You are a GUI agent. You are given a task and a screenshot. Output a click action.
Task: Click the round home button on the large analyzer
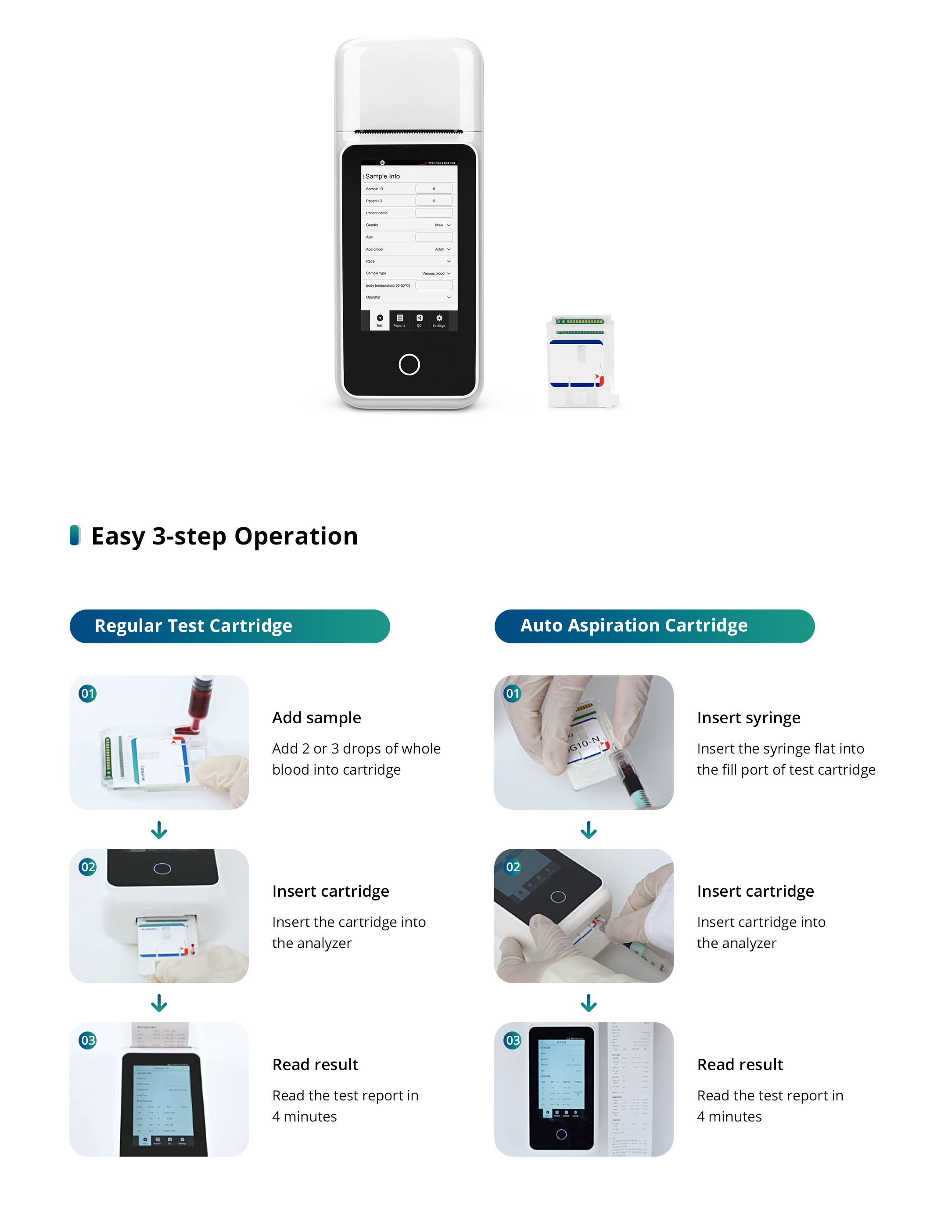pos(409,364)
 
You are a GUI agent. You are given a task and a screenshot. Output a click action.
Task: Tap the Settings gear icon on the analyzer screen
pos(439,319)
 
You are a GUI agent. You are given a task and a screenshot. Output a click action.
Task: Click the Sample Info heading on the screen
pos(382,176)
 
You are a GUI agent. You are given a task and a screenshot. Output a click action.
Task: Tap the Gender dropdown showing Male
pos(442,225)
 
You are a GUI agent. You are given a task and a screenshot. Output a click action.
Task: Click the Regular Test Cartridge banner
pos(230,626)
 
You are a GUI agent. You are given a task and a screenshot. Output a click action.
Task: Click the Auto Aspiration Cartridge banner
pos(654,626)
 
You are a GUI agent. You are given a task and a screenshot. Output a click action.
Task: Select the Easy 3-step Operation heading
pos(224,536)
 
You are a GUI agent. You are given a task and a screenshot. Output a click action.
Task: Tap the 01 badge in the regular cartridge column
pos(88,693)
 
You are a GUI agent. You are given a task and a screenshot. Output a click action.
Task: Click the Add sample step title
pos(316,718)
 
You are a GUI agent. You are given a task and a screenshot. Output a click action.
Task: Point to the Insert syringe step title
pos(748,718)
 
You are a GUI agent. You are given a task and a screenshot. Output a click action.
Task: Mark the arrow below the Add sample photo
pos(159,830)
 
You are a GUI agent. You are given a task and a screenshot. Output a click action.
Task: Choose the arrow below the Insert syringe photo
pos(589,830)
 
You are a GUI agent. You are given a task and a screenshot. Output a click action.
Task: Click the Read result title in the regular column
pos(315,1064)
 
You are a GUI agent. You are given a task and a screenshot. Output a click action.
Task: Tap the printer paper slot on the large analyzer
pos(409,132)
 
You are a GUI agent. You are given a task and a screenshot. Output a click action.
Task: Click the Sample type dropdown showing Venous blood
pos(436,273)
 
